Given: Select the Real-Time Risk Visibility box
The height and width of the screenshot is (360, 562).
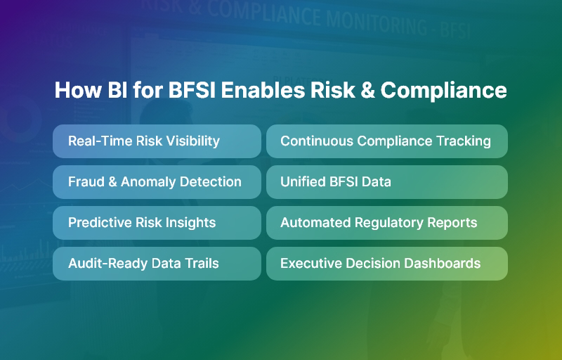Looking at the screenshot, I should [x=157, y=141].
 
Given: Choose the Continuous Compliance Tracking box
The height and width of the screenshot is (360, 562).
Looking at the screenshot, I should [x=386, y=141].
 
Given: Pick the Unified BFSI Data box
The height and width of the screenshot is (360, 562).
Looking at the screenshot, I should [x=386, y=182].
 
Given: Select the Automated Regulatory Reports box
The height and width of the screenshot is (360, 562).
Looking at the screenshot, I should [x=386, y=223].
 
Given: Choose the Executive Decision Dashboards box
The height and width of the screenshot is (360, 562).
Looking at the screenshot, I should [x=386, y=264].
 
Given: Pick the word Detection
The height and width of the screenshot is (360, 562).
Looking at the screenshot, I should [x=211, y=182].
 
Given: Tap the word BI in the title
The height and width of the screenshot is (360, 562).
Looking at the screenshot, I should [x=115, y=91].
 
